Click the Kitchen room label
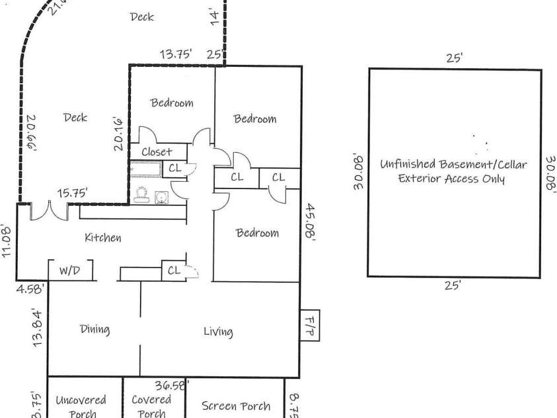tap(102, 237)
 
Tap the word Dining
tap(94, 329)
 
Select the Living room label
tap(218, 331)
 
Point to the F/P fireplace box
tap(310, 325)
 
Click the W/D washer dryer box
tap(70, 271)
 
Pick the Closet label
tap(157, 151)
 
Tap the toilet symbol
tap(140, 194)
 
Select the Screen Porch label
tap(236, 405)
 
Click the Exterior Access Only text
tap(451, 179)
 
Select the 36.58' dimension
tap(172, 384)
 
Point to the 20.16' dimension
tap(119, 134)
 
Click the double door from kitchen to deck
tap(49, 210)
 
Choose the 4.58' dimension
tap(30, 288)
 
